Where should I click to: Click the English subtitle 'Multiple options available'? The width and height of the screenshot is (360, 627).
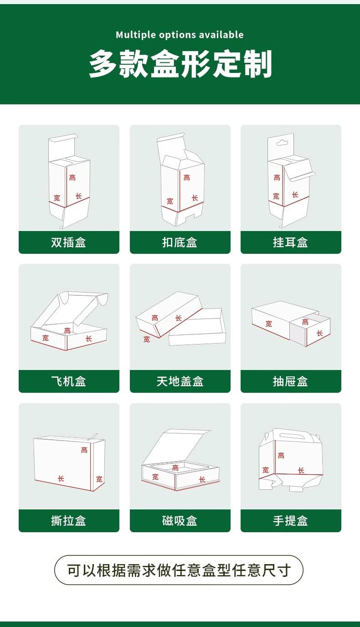pos(180,35)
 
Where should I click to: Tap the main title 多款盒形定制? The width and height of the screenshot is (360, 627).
pos(180,64)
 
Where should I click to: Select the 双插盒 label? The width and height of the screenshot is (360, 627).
pos(68,242)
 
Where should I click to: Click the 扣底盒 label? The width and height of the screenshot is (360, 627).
pos(180,242)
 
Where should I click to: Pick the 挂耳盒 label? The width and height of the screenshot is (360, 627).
pos(290,242)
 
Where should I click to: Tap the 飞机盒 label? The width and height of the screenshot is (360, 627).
pos(68,381)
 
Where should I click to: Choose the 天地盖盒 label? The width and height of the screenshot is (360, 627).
pos(180,381)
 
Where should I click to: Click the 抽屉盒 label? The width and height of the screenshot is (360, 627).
pos(290,381)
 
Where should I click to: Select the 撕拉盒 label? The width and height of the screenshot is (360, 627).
pos(68,521)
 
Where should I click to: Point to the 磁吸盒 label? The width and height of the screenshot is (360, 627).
pos(180,521)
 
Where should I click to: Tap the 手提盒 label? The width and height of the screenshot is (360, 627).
pos(290,521)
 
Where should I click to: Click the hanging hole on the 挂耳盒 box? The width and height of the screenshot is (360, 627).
pos(282,143)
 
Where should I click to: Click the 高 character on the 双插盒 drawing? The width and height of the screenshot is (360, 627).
pos(72,177)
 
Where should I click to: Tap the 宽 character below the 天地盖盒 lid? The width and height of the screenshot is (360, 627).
pos(147,339)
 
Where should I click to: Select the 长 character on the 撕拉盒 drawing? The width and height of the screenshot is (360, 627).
pos(61,478)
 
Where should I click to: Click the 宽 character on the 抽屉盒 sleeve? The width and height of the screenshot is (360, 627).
pos(269,324)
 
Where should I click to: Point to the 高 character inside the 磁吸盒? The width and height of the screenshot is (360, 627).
pos(175,467)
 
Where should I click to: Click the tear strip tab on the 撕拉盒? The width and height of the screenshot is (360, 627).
pos(93,437)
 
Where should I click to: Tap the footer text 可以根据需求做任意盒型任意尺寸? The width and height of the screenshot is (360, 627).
pos(179,570)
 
